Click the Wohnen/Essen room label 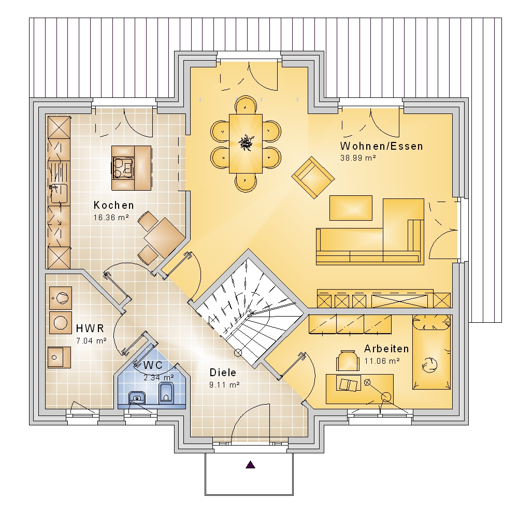click(x=381, y=146)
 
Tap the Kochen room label click(x=113, y=205)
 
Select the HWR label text click(x=90, y=328)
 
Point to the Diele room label click(x=223, y=373)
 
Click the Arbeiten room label click(x=386, y=349)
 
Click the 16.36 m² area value click(x=111, y=218)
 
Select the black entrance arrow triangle click(x=251, y=465)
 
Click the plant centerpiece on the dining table click(x=245, y=141)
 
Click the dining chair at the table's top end click(x=245, y=106)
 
